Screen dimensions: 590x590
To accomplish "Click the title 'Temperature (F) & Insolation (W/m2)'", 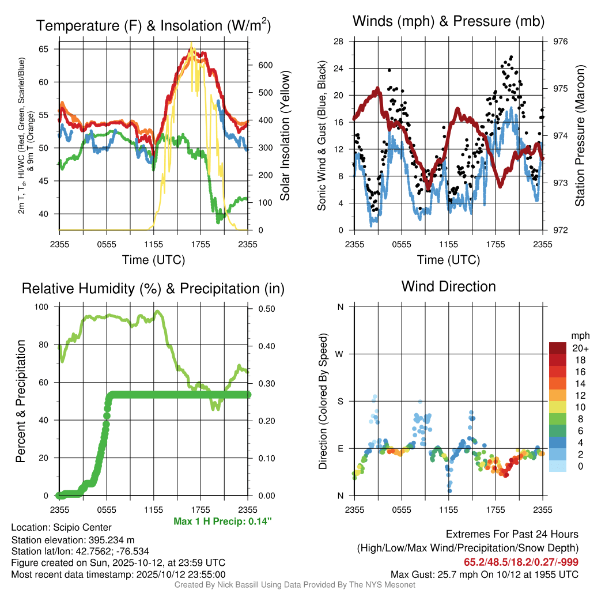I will coord(153,26).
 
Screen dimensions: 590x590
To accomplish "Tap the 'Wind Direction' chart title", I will coord(448,286).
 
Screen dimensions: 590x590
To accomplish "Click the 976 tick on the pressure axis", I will coord(561,41).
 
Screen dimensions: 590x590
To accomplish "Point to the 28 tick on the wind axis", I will coord(339,41).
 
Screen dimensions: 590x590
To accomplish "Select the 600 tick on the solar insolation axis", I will coord(264,65).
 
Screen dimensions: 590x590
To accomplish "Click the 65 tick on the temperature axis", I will coord(44,50).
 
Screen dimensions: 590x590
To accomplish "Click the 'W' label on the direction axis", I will coord(340,354).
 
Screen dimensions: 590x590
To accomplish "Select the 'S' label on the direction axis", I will coord(341,402).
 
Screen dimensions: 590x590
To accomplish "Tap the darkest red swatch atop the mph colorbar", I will coord(558,348).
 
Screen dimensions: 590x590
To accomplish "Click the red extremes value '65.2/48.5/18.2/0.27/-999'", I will coord(521,562).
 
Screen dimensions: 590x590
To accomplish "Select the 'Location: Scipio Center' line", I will coord(61,528).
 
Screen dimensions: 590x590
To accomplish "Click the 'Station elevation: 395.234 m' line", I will coord(73,540).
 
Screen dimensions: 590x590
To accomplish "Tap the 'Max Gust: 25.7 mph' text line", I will coord(484,574).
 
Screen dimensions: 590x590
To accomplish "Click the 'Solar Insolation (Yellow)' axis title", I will coord(285,136).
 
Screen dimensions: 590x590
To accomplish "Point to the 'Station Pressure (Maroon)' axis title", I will coord(580,136).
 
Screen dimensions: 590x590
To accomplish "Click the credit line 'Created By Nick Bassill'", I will coord(294,585).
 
